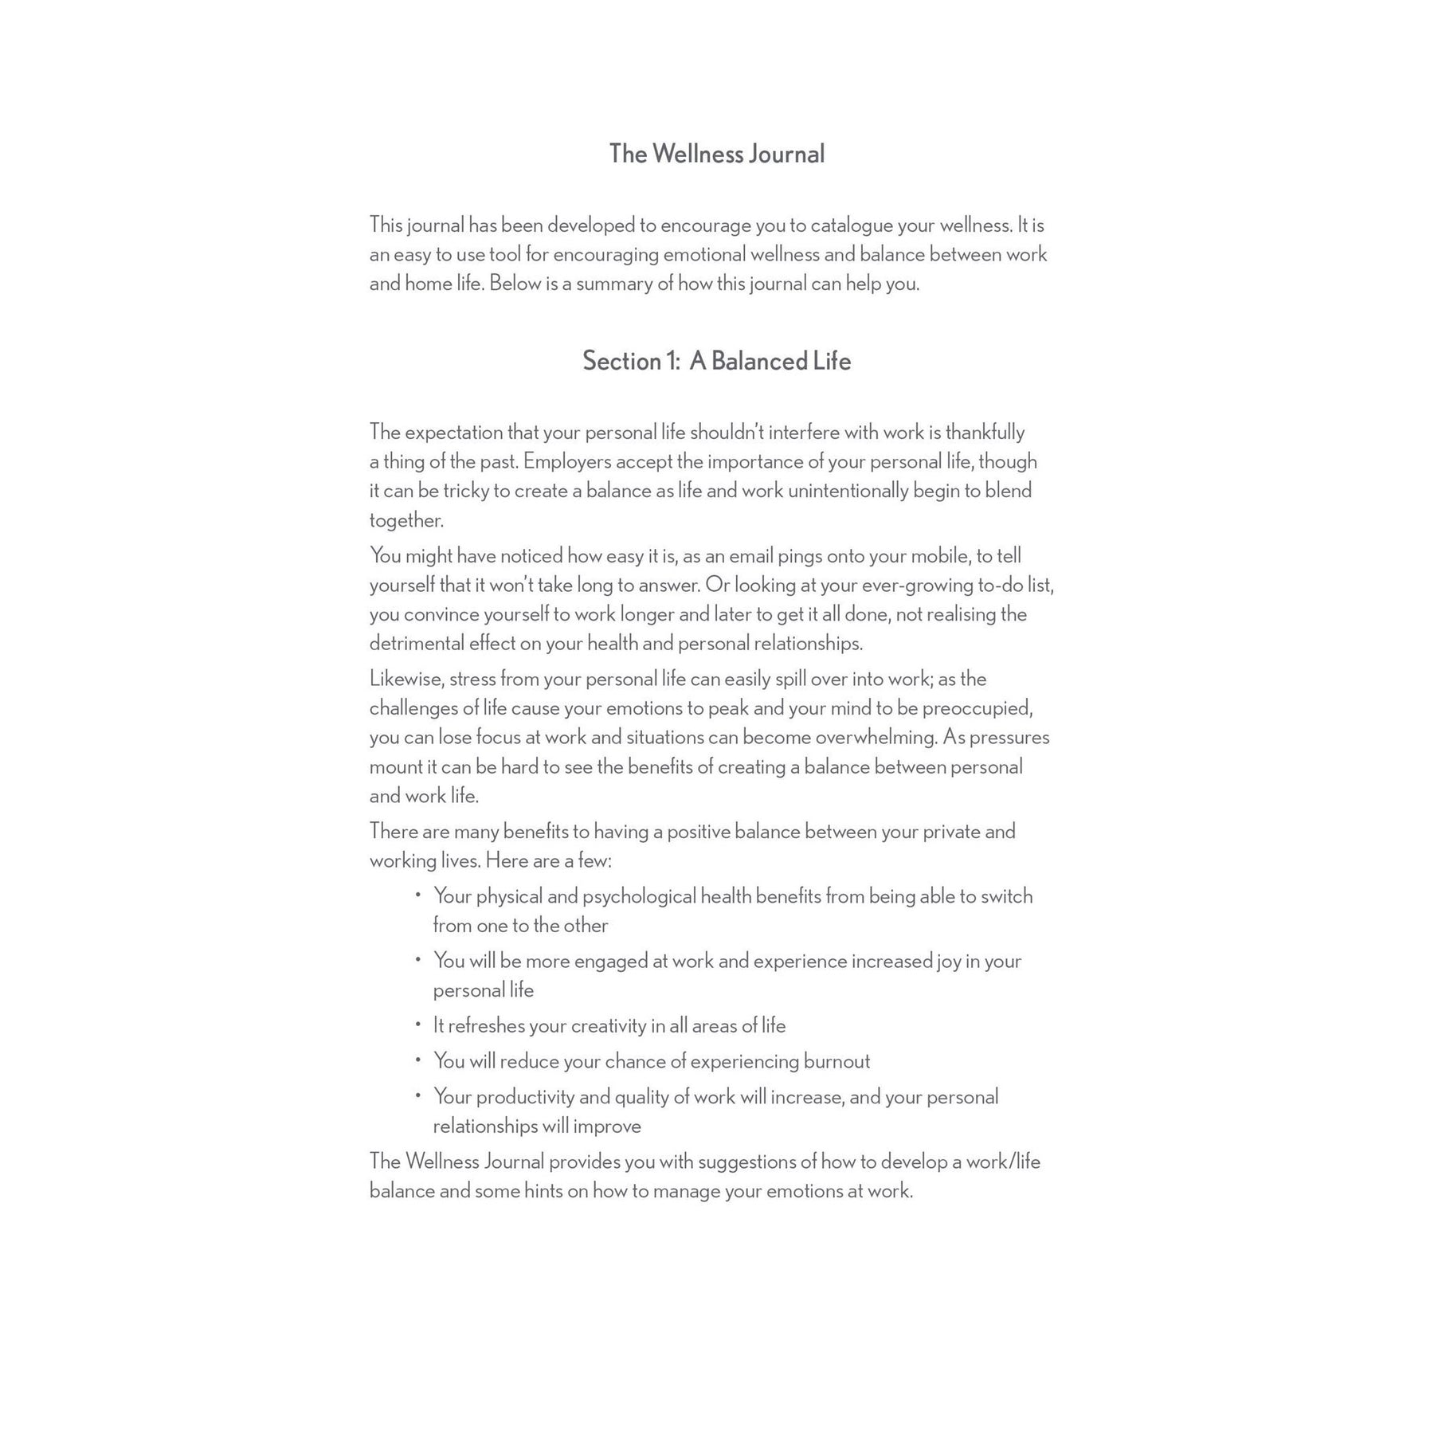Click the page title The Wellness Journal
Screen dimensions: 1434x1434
click(x=716, y=154)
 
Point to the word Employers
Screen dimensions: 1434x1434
click(x=567, y=461)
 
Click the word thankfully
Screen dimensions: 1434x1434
click(x=985, y=433)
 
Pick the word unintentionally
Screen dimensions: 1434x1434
click(x=848, y=491)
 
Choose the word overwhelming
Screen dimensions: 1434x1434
click(x=876, y=738)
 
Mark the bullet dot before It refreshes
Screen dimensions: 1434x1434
click(x=417, y=1025)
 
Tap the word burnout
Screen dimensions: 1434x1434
click(x=836, y=1061)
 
